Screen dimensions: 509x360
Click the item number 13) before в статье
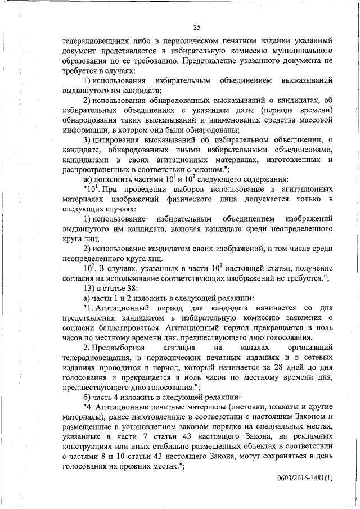[x=89, y=289]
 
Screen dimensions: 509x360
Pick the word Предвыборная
[x=122, y=348]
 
